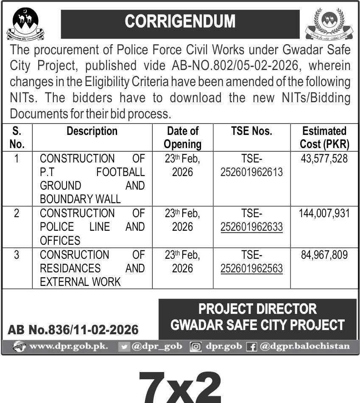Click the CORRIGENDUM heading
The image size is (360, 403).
pyautogui.click(x=180, y=22)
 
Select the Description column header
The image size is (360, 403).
pyautogui.click(x=92, y=131)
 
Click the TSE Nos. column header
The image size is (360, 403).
pyautogui.click(x=251, y=131)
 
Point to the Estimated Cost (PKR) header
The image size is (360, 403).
pyautogui.click(x=324, y=137)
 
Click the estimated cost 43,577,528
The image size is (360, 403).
pyautogui.click(x=324, y=159)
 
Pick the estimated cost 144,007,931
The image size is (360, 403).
pyautogui.click(x=324, y=213)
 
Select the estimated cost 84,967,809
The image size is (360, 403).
pyautogui.click(x=324, y=255)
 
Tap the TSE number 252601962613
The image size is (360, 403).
pyautogui.click(x=251, y=172)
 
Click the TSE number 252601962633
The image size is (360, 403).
pyautogui.click(x=251, y=227)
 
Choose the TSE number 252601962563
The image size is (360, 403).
pyautogui.click(x=251, y=269)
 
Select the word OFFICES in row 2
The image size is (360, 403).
pyautogui.click(x=60, y=241)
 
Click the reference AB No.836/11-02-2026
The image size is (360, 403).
pyautogui.click(x=73, y=330)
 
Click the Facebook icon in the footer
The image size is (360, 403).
pyautogui.click(x=252, y=347)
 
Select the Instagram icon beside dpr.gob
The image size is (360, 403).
pyautogui.click(x=195, y=347)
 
